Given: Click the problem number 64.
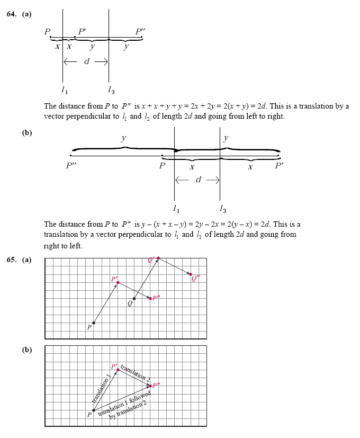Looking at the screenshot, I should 12,14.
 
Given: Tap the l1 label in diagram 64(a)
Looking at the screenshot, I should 64,89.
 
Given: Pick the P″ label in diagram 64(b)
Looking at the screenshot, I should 71,166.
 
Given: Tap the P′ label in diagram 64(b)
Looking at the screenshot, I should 280,165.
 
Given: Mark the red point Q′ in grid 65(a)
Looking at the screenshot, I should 158,258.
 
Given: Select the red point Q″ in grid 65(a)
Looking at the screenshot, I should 191,274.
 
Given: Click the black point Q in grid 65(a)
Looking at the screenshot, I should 134,299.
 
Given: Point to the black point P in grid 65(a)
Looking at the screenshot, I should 94,323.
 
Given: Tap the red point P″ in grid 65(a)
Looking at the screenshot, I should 150,299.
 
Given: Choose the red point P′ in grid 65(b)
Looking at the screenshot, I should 118,370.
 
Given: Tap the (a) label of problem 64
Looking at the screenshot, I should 26,14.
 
